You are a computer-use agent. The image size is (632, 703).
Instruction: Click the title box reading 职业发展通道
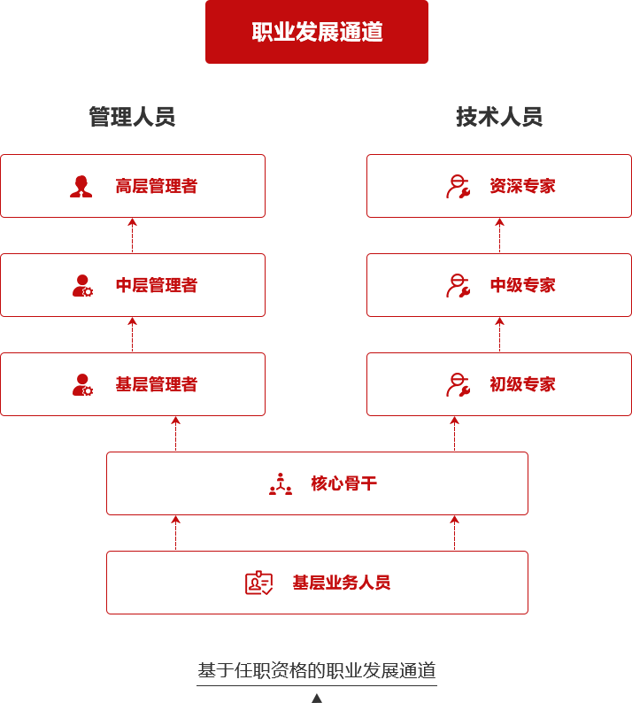316,32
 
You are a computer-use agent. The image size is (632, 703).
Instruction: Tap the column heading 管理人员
132,117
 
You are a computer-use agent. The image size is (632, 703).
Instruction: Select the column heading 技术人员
499,117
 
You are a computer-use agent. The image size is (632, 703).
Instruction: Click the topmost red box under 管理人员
133,186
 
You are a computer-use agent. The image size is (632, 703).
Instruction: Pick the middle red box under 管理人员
133,284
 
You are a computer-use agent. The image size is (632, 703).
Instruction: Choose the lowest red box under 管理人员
133,383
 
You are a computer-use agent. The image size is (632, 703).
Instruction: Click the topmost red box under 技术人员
498,186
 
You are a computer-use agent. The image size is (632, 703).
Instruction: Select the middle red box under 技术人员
498,284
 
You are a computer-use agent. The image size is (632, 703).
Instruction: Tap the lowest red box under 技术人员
498,383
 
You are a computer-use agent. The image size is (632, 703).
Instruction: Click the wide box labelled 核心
316,483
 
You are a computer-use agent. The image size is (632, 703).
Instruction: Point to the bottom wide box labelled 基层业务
316,582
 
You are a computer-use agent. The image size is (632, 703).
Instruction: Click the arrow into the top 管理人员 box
133,236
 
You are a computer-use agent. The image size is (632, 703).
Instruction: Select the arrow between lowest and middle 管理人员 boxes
133,335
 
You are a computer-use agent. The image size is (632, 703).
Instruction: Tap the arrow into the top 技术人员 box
499,236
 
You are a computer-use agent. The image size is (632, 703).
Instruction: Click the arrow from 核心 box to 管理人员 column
175,434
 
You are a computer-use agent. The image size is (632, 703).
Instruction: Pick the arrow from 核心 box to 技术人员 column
454,434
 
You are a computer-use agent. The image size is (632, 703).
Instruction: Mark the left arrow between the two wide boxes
175,532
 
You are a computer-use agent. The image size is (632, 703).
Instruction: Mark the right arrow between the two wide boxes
454,532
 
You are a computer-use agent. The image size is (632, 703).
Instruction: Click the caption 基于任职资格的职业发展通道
316,670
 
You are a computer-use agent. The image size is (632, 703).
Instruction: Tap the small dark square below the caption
316,697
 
